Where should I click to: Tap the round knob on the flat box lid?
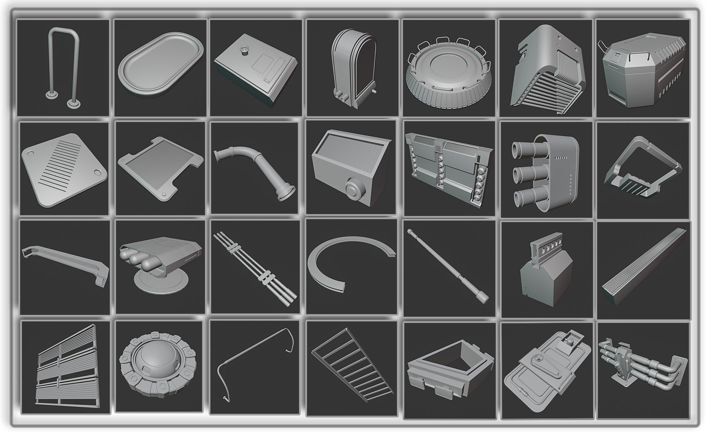pyautogui.click(x=243, y=50)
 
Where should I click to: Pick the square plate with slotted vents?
pyautogui.click(x=63, y=169)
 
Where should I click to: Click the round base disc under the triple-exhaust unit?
pyautogui.click(x=161, y=282)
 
